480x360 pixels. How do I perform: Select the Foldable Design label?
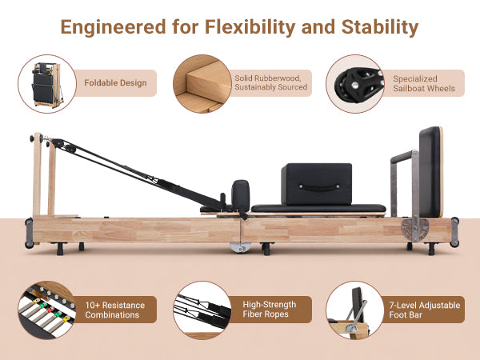(x=115, y=82)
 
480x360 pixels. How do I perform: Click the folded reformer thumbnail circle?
(x=46, y=82)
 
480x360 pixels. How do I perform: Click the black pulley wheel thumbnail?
(x=355, y=83)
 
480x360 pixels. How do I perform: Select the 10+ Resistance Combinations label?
(x=119, y=310)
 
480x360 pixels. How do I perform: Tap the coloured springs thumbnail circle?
(x=46, y=310)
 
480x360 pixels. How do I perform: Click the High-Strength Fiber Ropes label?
(x=269, y=310)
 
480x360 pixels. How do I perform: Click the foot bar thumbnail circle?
(x=355, y=310)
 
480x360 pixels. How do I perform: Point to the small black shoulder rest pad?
(x=239, y=194)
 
